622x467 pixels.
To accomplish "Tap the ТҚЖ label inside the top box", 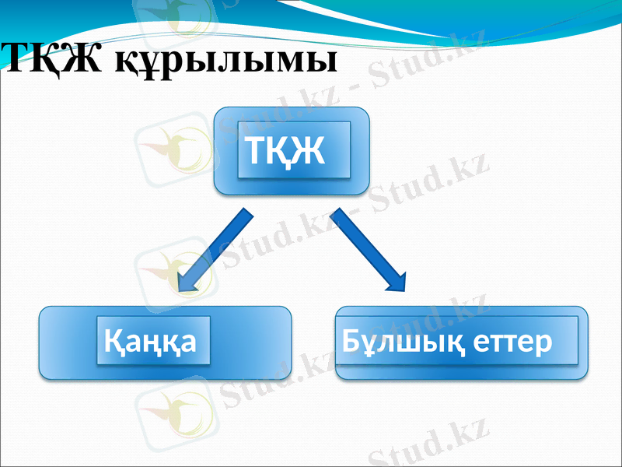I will [285, 152].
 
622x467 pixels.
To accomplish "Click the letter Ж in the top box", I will [309, 152].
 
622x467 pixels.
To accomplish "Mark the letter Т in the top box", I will [257, 152].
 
